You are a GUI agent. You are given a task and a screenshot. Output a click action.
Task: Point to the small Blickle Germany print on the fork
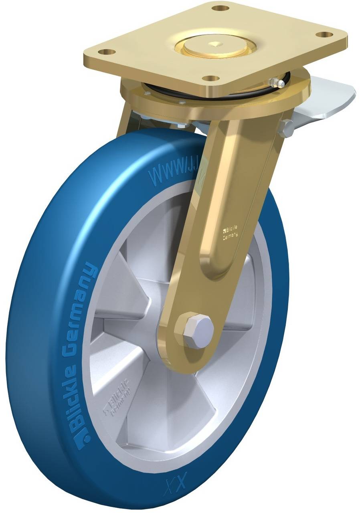[x=229, y=232]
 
